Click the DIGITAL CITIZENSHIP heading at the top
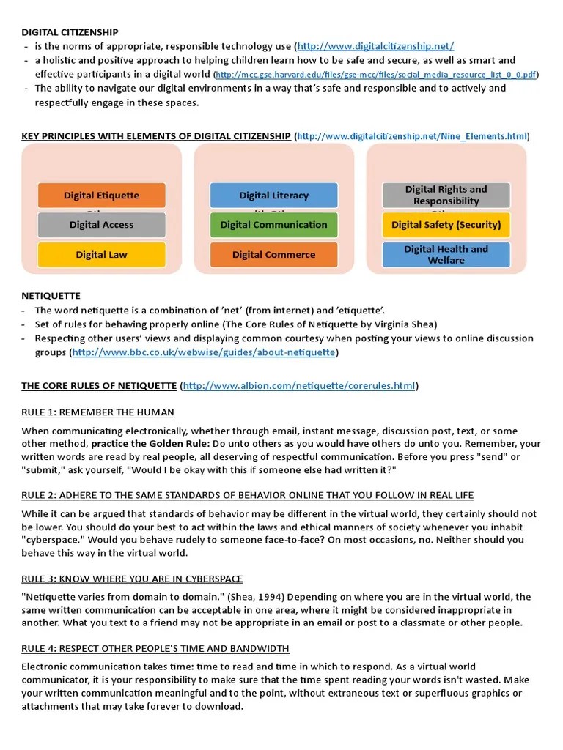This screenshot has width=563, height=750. tap(70, 32)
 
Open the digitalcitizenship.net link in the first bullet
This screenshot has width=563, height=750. tap(376, 46)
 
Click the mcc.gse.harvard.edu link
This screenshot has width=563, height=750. tap(376, 75)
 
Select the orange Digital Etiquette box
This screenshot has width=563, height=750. tap(101, 196)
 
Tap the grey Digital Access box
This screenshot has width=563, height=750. tap(101, 225)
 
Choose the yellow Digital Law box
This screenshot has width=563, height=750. tap(101, 255)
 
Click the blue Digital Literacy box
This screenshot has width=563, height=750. tap(273, 196)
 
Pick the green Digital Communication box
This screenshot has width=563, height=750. tap(273, 225)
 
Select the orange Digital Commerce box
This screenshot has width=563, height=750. tap(273, 255)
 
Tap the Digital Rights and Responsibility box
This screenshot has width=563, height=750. tap(446, 195)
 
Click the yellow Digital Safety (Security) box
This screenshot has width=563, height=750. tap(446, 225)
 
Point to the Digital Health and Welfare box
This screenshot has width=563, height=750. tap(446, 254)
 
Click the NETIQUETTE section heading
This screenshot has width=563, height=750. tap(51, 296)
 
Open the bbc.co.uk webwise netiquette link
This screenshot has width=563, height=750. tap(204, 352)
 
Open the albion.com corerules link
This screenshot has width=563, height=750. tap(298, 385)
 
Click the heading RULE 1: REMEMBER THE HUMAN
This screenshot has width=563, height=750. tap(97, 412)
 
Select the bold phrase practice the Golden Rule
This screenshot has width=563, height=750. tap(150, 444)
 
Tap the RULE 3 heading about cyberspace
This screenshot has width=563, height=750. tap(132, 579)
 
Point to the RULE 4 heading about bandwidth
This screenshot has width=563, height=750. tap(155, 648)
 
